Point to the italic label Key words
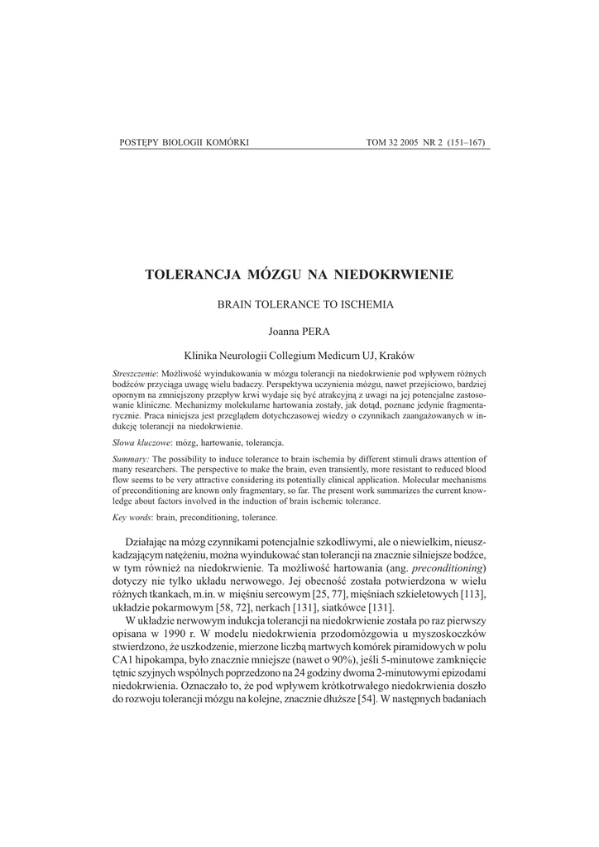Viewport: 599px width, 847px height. (132, 517)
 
